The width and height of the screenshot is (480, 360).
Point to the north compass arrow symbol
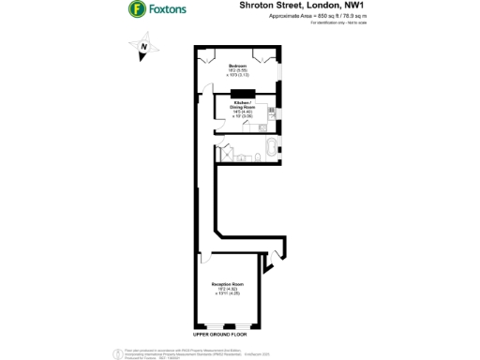tap(142, 44)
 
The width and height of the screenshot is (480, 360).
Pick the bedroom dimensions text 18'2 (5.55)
tap(235, 70)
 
